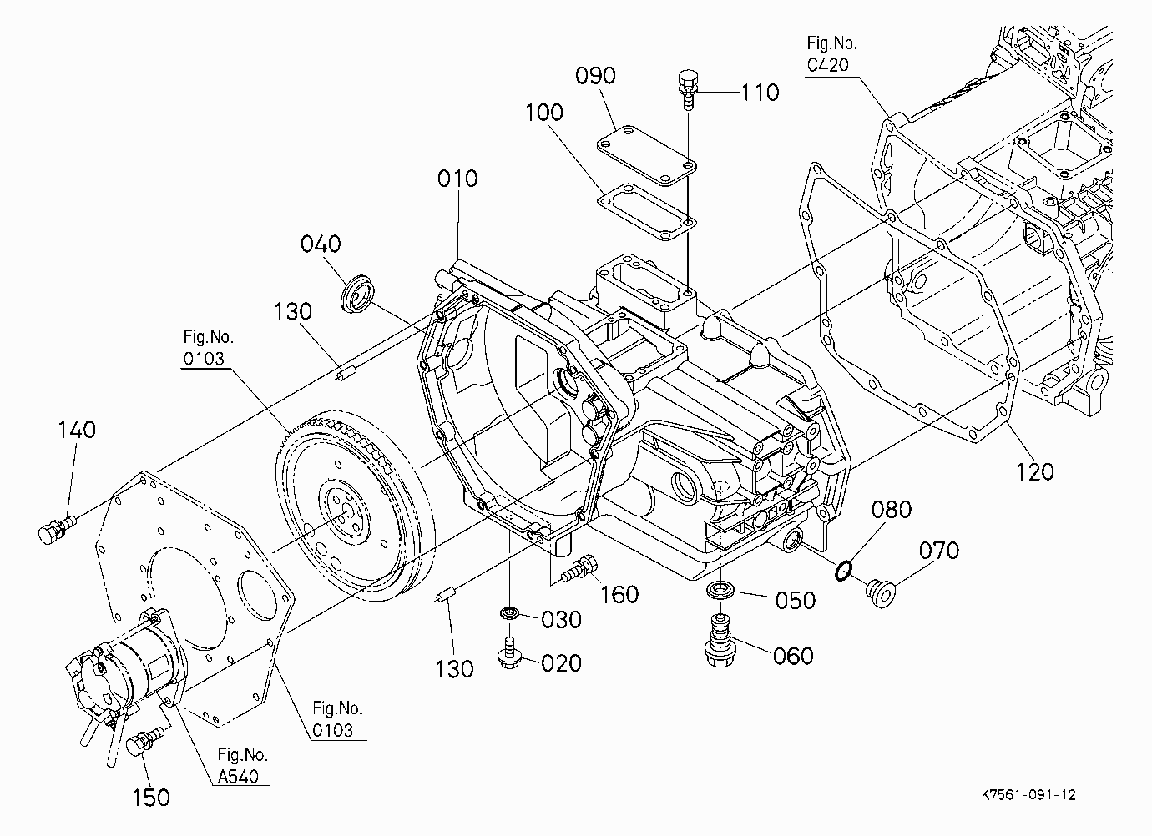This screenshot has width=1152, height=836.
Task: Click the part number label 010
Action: tap(457, 179)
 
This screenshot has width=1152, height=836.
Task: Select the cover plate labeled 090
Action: tap(646, 154)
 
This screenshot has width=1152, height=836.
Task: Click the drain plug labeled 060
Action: tap(720, 641)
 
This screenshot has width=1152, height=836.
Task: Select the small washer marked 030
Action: tap(510, 613)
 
